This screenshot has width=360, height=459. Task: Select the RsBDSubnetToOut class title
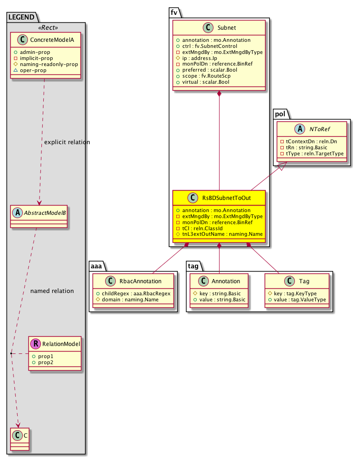pyautogui.click(x=227, y=198)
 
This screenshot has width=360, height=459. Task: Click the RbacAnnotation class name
pyautogui.click(x=140, y=281)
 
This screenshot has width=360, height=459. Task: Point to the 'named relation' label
pyautogui.click(x=52, y=291)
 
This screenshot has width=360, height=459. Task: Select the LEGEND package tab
pyautogui.click(x=21, y=17)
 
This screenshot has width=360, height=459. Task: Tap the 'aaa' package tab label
pyautogui.click(x=97, y=266)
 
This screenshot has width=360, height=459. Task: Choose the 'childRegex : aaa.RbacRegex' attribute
pyautogui.click(x=133, y=293)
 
